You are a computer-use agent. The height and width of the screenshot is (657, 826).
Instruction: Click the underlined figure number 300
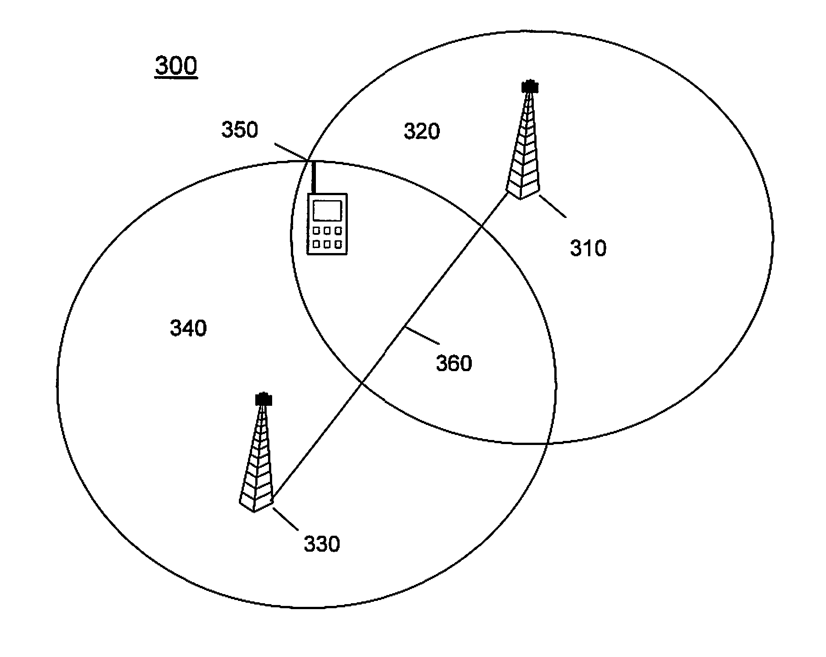tap(176, 67)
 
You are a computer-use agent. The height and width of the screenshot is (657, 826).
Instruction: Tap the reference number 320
tap(422, 131)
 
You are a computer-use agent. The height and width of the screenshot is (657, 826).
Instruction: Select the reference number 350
tap(240, 129)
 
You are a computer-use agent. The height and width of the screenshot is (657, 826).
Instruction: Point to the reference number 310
tap(589, 248)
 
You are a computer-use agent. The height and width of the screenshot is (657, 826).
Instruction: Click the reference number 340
tap(188, 328)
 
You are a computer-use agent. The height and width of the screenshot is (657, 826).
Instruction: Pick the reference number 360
tap(454, 363)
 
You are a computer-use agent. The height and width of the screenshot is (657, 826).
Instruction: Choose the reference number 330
tap(322, 544)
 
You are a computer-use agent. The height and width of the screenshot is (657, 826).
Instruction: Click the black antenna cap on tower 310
tap(530, 86)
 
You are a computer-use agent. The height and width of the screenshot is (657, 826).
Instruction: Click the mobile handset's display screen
tap(327, 211)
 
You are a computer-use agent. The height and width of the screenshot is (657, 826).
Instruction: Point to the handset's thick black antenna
tap(314, 177)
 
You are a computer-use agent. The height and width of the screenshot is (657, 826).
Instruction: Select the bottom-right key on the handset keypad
tap(338, 245)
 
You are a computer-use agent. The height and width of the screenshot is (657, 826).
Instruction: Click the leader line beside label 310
tap(552, 207)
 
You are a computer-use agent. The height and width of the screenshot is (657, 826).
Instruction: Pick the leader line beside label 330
tap(285, 519)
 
